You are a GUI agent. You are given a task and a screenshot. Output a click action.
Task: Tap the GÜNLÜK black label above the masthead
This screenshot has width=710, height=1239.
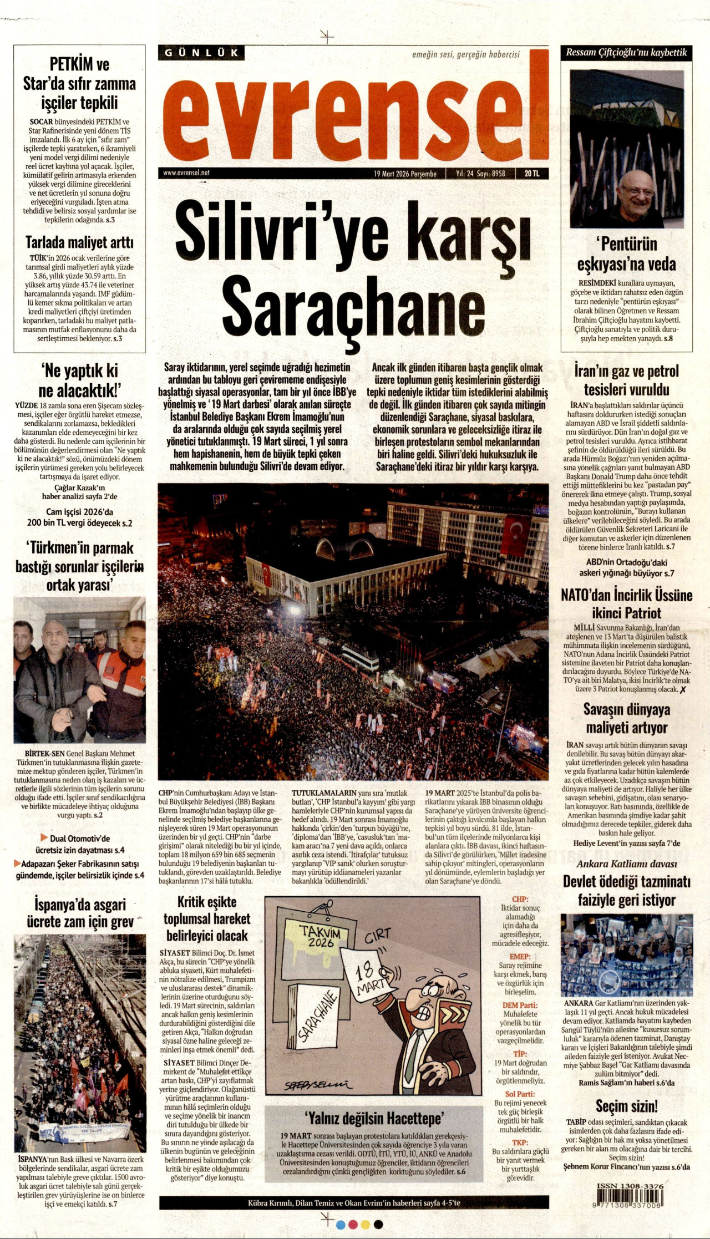[x=201, y=53]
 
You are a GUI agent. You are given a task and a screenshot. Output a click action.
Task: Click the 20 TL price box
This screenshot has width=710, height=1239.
[x=531, y=174]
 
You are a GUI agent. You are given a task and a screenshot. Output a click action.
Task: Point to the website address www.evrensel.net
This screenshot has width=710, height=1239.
[x=186, y=173]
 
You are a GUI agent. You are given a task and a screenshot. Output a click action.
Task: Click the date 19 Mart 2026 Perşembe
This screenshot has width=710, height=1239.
[x=405, y=174]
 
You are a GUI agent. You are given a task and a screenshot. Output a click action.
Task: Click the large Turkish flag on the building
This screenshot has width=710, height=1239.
[x=516, y=534]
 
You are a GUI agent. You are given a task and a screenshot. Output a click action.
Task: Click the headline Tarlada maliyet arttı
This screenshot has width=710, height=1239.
[x=79, y=242]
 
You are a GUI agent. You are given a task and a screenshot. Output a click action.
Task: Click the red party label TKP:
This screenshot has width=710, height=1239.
[x=520, y=1142]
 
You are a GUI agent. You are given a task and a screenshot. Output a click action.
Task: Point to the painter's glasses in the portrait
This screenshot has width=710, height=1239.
[x=637, y=191]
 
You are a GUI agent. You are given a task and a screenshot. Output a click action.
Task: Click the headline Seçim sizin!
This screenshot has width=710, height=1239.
[x=627, y=1106]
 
